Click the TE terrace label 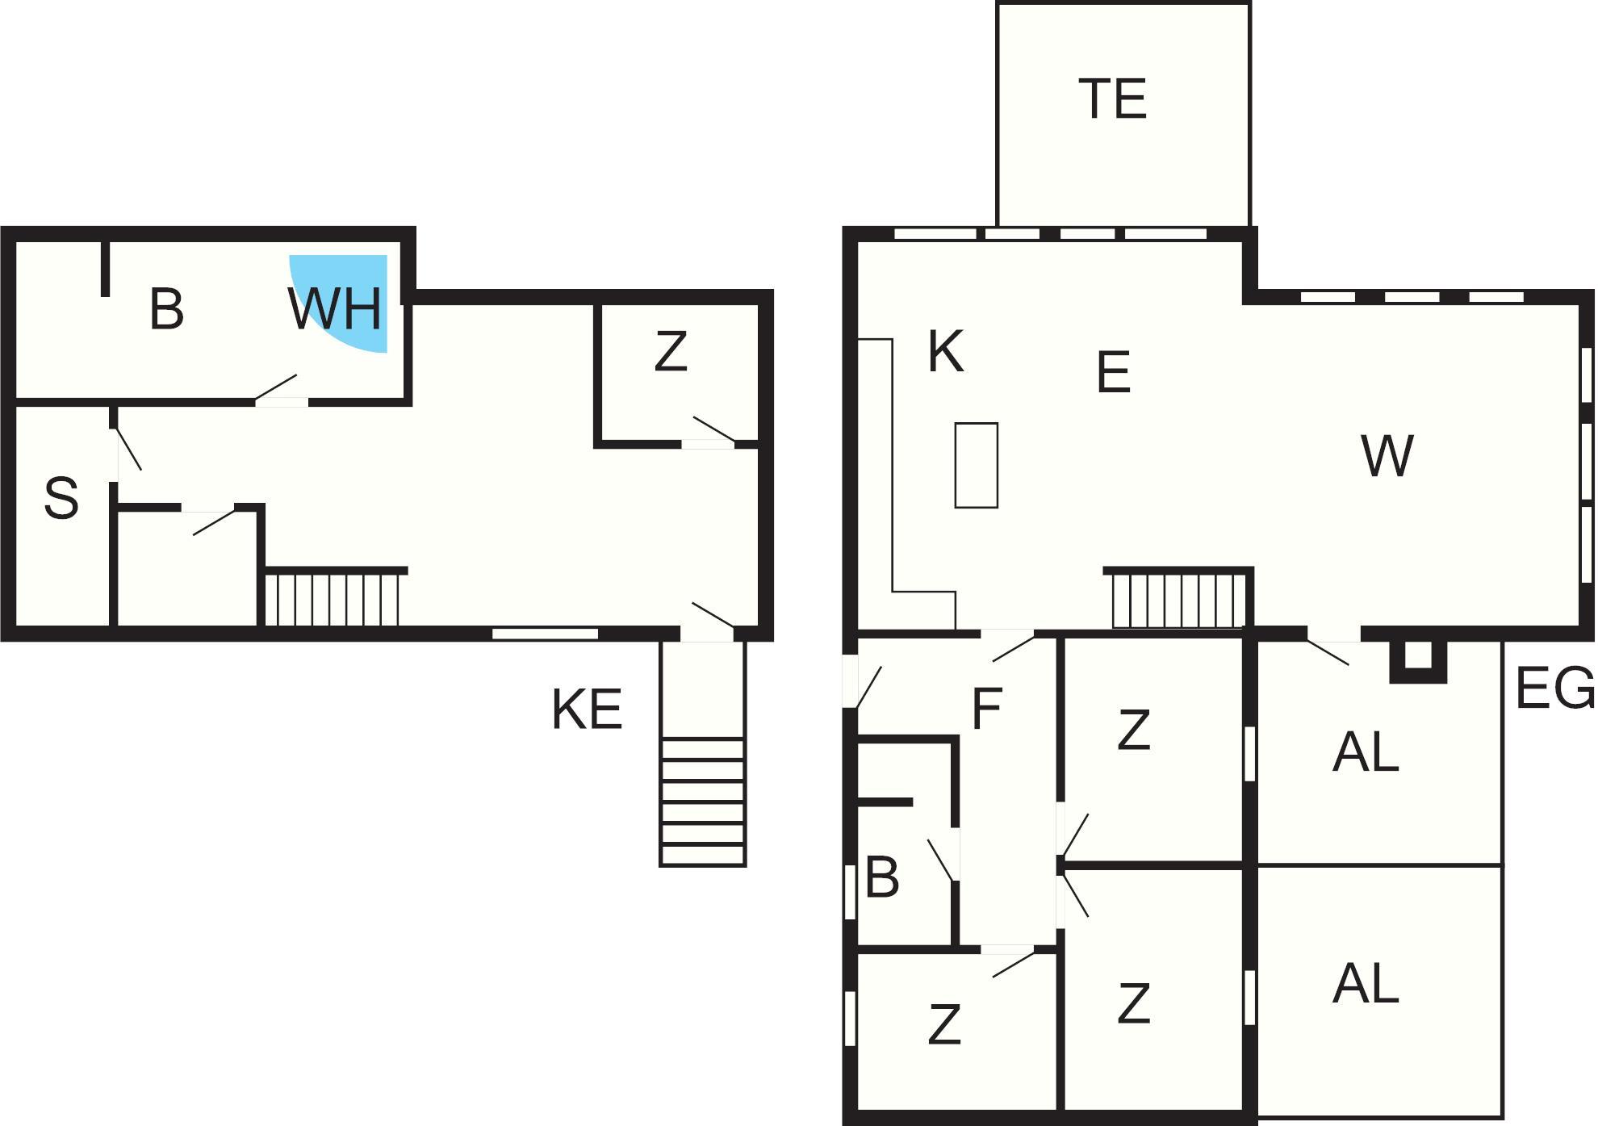[x=1112, y=98]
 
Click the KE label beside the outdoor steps [x=587, y=710]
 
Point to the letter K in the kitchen [x=945, y=352]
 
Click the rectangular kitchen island [x=977, y=466]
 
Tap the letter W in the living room [x=1387, y=455]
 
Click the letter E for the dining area [x=1113, y=372]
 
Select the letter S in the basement [x=61, y=497]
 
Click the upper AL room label [x=1366, y=751]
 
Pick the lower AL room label [x=1366, y=983]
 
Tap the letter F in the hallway [x=987, y=709]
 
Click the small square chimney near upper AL [x=1418, y=661]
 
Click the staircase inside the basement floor [x=333, y=598]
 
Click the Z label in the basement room [x=671, y=351]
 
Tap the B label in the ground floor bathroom [x=882, y=877]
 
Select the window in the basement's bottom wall [x=546, y=634]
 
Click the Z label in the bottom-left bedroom [x=944, y=1024]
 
